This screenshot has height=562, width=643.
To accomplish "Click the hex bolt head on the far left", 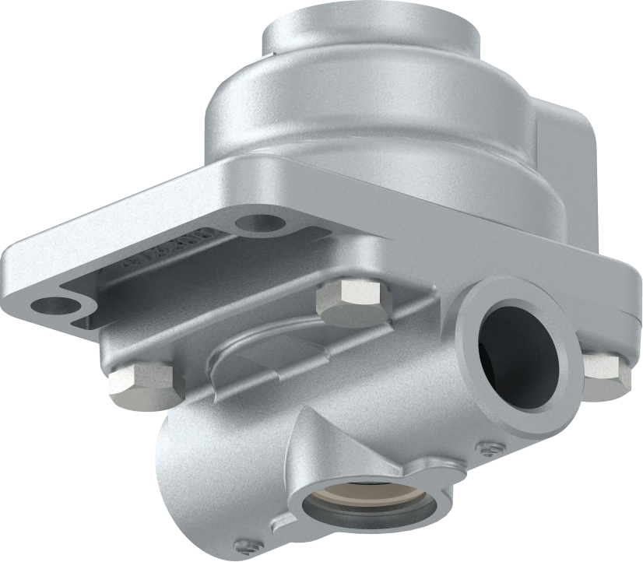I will [x=140, y=385].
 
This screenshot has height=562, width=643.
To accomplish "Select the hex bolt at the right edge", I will [x=606, y=371].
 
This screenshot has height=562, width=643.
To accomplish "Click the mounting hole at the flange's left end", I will [x=54, y=304].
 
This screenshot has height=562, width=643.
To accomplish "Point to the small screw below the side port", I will [x=490, y=448].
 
